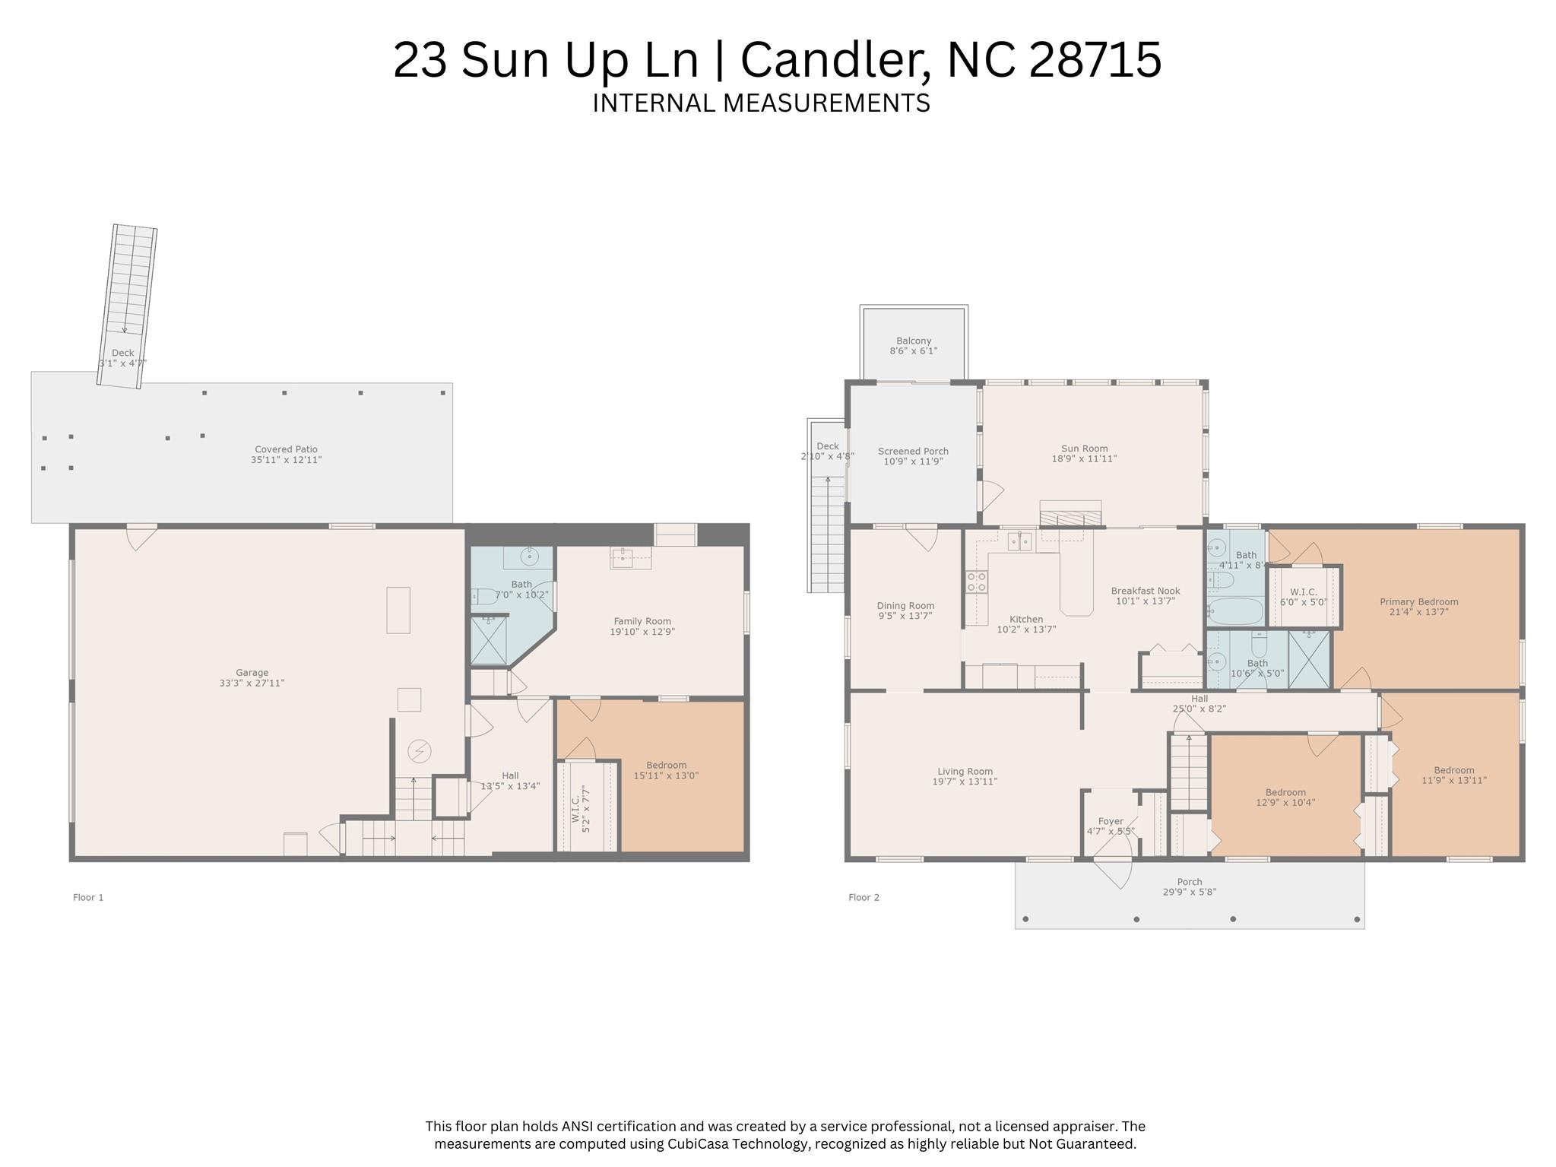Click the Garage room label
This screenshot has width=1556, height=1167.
point(252,673)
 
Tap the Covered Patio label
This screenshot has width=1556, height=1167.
point(286,449)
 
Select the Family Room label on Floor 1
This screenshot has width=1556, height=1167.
point(642,621)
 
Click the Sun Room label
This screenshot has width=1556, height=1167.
point(1085,449)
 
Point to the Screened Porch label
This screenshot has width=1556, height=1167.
point(913,451)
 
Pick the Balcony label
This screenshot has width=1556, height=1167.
point(914,341)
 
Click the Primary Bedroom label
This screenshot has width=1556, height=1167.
point(1419,601)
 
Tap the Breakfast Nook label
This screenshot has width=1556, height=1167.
point(1146,591)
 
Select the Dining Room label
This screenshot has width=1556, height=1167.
point(905,606)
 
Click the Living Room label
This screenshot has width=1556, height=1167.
point(965,771)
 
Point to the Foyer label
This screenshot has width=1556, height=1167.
point(1111,821)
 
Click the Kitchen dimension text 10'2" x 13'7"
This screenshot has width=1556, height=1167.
point(1026,629)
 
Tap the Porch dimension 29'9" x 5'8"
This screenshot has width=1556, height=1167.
point(1190,892)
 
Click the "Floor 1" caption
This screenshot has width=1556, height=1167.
point(88,897)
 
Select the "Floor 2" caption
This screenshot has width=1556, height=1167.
point(864,897)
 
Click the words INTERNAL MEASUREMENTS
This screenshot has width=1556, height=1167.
point(761,103)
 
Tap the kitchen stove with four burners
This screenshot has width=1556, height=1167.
point(977,582)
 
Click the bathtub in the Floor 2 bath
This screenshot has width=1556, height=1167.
point(1234,610)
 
